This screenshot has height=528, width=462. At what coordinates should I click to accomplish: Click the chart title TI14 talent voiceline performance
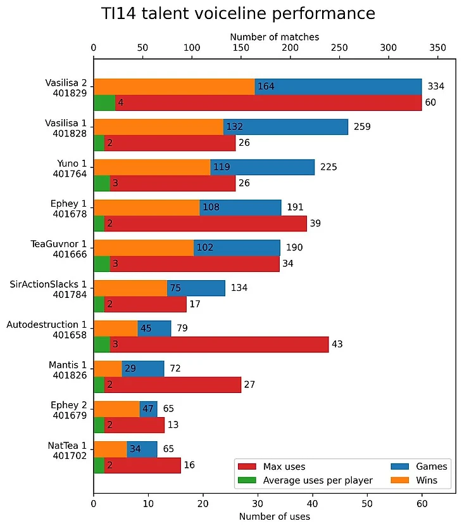point(238,14)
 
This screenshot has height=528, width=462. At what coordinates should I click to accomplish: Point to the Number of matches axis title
point(274,37)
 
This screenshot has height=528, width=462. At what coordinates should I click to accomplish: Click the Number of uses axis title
point(274,517)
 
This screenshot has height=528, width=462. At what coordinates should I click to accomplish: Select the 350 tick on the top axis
point(438,48)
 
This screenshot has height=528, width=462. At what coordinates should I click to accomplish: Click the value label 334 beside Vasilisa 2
point(437,87)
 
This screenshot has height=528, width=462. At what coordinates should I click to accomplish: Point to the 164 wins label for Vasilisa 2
point(266,87)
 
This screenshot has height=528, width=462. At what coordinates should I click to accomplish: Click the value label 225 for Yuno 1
point(328,167)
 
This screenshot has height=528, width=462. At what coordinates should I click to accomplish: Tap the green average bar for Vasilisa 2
point(104,103)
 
